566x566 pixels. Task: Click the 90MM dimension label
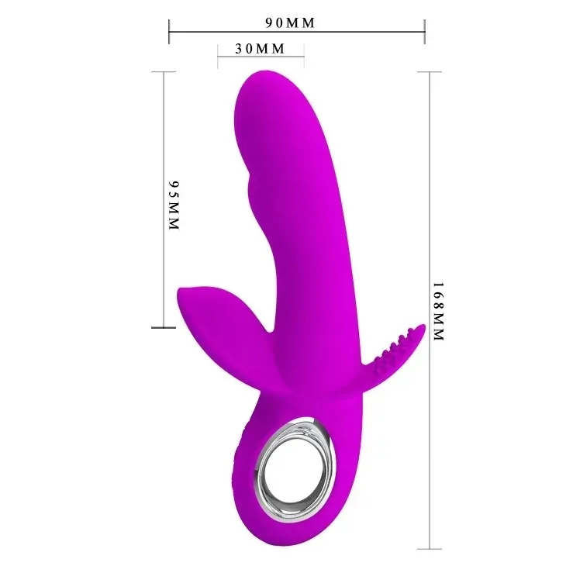pos(290,22)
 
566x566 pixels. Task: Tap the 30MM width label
pos(261,49)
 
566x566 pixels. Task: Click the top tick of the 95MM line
pos(163,71)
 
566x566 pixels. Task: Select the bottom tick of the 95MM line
pos(163,327)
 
